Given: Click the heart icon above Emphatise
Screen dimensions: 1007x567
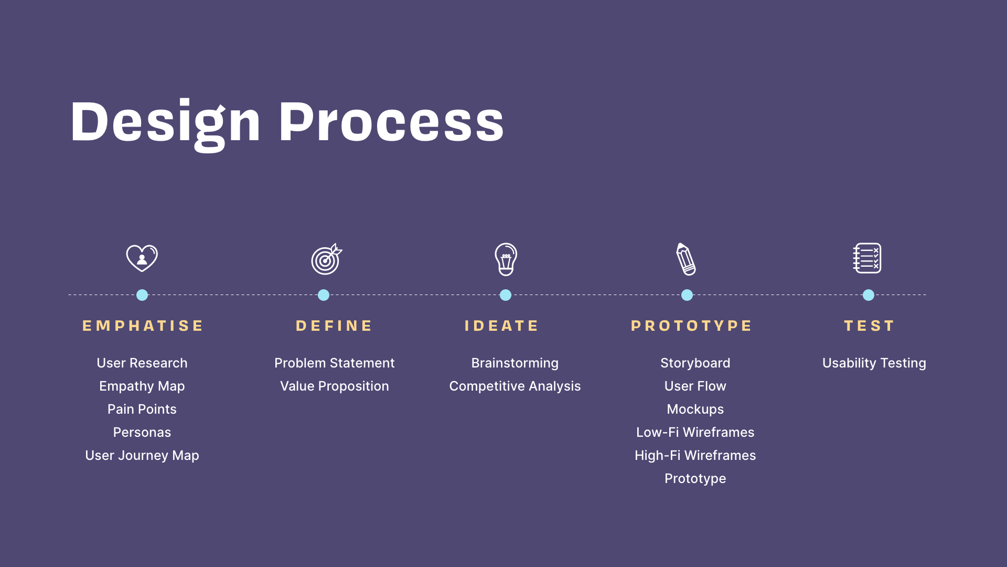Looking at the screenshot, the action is coord(142,258).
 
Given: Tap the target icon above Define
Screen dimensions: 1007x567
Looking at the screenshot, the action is coord(326,259).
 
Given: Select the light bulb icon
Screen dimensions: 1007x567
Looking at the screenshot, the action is coord(506,259).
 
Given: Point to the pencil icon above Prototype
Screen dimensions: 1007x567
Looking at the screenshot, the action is coord(686,259).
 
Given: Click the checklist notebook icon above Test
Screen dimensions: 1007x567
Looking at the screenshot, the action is coord(867,258).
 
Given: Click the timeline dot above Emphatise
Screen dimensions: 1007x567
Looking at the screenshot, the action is coord(142,295).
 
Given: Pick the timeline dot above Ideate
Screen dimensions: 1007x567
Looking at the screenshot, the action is coord(506,295).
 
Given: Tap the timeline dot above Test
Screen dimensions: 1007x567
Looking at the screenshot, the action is coord(869,295).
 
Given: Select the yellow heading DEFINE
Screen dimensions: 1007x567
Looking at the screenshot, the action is coord(334,326).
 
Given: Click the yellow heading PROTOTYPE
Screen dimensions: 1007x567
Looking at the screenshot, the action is coord(691,326).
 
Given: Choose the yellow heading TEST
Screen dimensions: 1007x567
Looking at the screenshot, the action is coord(869,326).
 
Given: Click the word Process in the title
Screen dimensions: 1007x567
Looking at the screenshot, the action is coord(391,122).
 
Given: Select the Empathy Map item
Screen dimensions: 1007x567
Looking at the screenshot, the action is coord(142,386).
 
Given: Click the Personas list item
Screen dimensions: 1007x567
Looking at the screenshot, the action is coord(142,432).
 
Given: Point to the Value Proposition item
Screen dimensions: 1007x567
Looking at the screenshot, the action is coord(335,386).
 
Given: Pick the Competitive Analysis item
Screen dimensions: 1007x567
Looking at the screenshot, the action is coord(515,386).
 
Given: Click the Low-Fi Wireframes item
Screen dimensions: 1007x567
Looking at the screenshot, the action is coord(695,432).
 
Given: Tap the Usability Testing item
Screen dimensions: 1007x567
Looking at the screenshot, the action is coord(874,363).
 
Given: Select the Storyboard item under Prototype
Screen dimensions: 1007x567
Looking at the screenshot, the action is coord(695,363).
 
